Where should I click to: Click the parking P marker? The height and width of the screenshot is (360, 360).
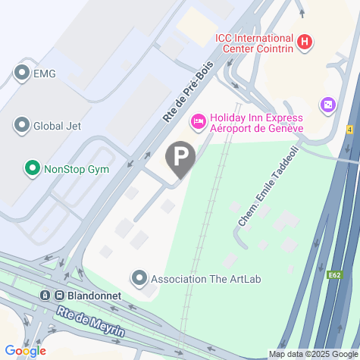180,158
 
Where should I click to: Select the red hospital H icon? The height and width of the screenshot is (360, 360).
304,42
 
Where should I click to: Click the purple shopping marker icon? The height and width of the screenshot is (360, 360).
328,104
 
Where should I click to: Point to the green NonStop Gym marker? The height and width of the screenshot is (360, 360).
32,167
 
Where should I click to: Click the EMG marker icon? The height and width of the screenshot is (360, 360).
21,73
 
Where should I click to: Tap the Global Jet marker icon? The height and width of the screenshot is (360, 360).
21,125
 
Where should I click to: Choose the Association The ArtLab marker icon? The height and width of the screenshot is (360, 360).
139,278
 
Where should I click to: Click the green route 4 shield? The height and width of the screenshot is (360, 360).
349,130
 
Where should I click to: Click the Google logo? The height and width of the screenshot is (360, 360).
24,351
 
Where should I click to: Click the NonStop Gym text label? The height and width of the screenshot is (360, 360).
76,168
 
